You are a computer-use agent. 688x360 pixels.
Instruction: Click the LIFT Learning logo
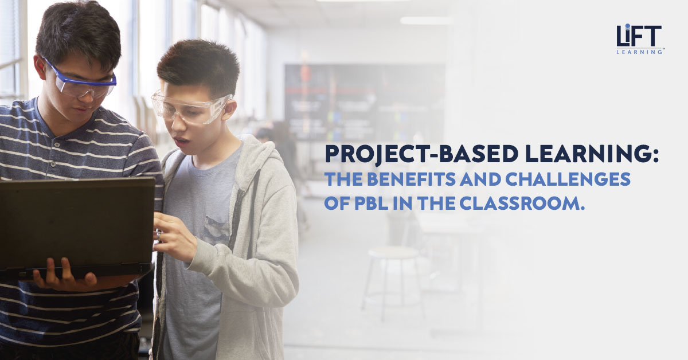pos(639,39)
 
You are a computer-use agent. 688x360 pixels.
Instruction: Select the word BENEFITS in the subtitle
pos(411,179)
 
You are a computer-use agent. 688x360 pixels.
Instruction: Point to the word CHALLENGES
pos(568,179)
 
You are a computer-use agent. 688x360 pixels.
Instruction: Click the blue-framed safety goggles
pos(80,81)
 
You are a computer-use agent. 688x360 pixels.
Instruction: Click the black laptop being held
pos(76,228)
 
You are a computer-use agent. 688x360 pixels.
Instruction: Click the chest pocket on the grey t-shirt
pos(217,230)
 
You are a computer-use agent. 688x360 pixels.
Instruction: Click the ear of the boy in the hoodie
pos(229,109)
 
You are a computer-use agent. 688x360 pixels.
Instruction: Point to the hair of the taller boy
pos(79,31)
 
